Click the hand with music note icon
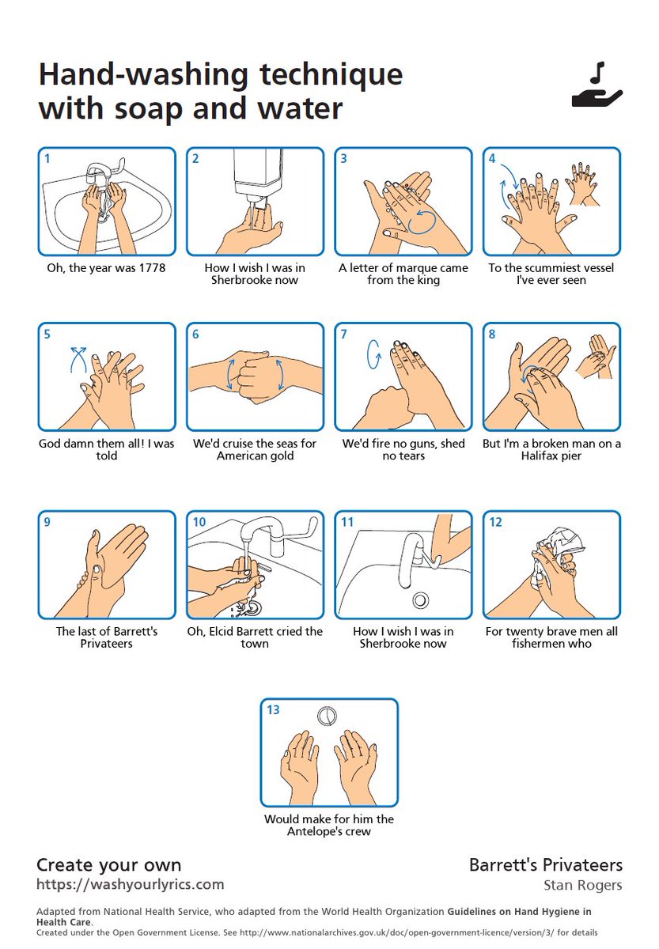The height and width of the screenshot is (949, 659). tap(597, 86)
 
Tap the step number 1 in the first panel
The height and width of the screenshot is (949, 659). tap(47, 158)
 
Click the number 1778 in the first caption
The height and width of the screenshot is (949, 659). tap(150, 268)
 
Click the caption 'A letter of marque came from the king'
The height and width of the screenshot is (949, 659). tap(403, 274)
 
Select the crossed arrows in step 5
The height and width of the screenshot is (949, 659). tap(78, 357)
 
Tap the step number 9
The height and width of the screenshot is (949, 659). tap(47, 522)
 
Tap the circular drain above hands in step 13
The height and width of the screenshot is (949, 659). tap(327, 716)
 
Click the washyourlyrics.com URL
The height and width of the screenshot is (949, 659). tap(131, 884)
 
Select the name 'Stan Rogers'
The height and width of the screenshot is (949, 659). tap(583, 884)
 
